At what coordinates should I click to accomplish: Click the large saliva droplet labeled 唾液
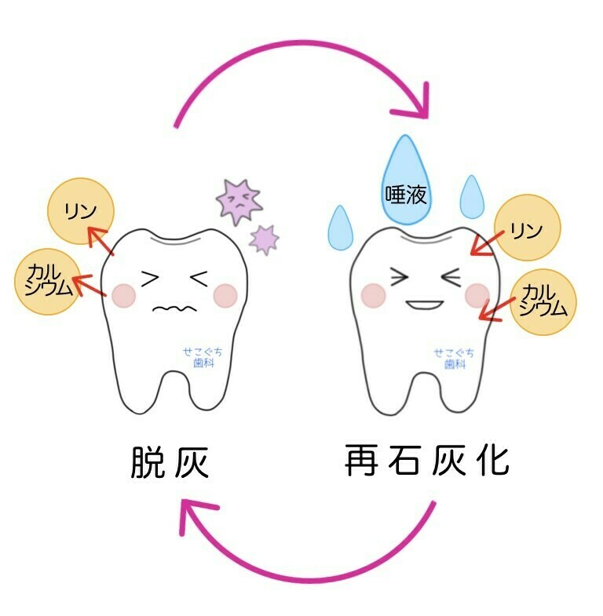tap(406, 185)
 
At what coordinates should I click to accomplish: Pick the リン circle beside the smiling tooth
tap(528, 228)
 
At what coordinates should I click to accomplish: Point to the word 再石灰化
tap(427, 461)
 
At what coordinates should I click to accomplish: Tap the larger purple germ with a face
tap(239, 201)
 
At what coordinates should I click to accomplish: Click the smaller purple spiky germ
tap(264, 238)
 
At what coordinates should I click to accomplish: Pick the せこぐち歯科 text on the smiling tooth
tap(454, 358)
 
